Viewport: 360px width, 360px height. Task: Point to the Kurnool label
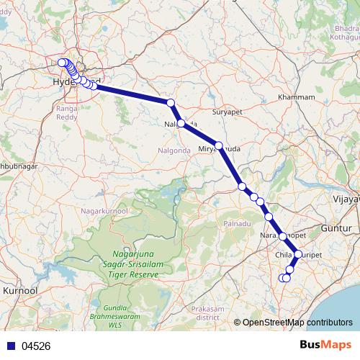point(19,289)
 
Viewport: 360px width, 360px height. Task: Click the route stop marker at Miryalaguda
point(219,145)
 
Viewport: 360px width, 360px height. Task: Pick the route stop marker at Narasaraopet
point(282,236)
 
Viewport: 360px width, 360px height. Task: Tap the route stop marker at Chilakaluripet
point(297,254)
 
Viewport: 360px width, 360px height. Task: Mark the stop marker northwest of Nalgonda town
point(171,103)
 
